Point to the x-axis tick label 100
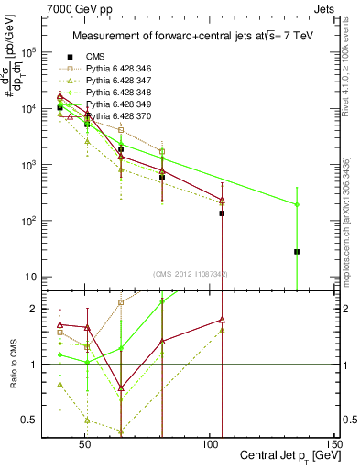[x=209, y=448]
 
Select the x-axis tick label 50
[x=85, y=448]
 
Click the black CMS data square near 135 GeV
[x=322, y=251]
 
